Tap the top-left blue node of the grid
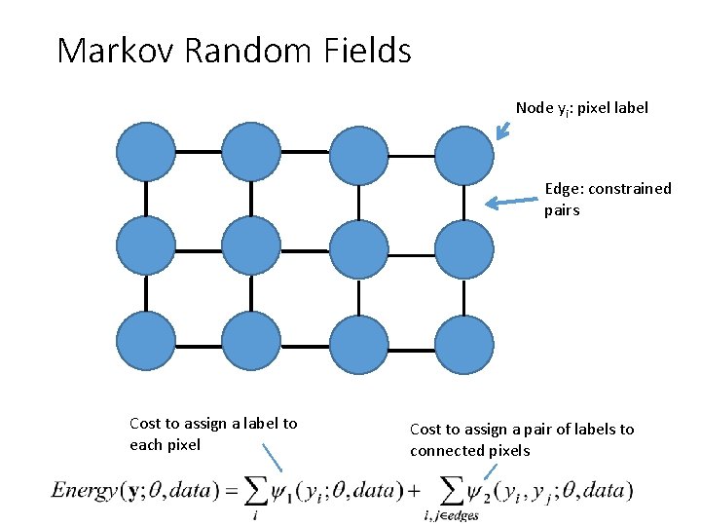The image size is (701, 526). click(146, 152)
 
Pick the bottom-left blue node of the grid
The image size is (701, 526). click(146, 343)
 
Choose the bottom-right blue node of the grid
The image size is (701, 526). click(463, 346)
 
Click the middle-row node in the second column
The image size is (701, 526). click(251, 247)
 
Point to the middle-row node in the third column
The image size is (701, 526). click(358, 250)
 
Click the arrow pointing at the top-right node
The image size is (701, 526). click(502, 131)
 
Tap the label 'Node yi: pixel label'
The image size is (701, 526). click(581, 108)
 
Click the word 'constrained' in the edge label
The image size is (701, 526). click(631, 188)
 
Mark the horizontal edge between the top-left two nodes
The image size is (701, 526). click(199, 152)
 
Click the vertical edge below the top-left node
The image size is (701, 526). click(146, 200)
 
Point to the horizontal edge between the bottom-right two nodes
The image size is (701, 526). click(411, 347)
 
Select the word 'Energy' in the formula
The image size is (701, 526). click(87, 490)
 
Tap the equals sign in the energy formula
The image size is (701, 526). click(231, 491)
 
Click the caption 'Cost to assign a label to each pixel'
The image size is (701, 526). click(213, 433)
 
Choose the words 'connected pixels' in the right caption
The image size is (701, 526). click(470, 450)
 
